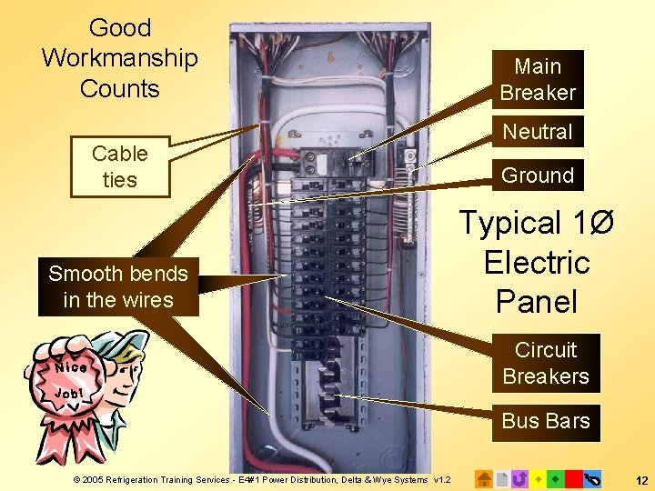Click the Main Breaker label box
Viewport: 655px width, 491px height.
[538, 79]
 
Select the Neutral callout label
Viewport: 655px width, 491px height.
[538, 132]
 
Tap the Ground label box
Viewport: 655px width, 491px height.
[538, 175]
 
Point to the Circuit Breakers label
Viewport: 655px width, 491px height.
[546, 363]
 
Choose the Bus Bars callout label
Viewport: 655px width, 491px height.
[546, 421]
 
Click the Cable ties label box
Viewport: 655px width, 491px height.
[119, 166]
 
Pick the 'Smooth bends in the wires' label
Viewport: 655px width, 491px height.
[118, 286]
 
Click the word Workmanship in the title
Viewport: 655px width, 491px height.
[119, 58]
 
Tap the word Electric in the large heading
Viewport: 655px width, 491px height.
[537, 263]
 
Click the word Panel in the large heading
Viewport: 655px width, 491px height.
[537, 301]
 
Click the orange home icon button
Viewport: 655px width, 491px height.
[485, 478]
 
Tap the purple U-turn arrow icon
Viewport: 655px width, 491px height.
[519, 478]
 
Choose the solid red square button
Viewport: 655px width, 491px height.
[573, 478]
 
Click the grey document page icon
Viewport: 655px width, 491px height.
[502, 478]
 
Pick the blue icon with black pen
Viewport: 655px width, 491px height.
[592, 478]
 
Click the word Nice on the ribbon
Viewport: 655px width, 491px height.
[70, 367]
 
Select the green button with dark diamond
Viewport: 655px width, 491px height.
[556, 478]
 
